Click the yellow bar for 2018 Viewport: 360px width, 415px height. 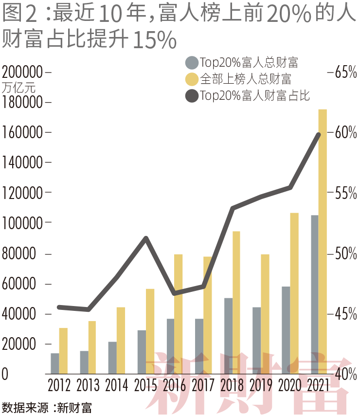(x=236, y=302)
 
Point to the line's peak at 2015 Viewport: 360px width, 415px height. (x=146, y=238)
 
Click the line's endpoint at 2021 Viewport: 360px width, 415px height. (x=319, y=134)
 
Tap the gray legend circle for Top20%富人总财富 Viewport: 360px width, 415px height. (x=192, y=63)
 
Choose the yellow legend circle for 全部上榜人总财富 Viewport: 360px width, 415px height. (x=192, y=79)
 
